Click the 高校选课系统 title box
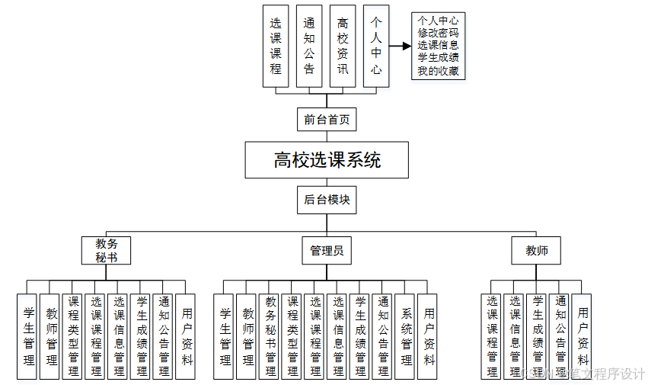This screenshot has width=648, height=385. click(x=327, y=160)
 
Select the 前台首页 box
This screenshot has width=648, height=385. click(x=327, y=119)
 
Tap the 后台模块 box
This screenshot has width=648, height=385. click(x=327, y=200)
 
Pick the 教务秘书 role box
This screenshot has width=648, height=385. click(x=106, y=250)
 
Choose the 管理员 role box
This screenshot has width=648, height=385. click(x=327, y=250)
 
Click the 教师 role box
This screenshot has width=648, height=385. click(x=536, y=250)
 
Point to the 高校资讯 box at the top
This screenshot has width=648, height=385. click(x=343, y=47)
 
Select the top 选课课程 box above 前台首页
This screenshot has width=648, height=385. click(x=276, y=47)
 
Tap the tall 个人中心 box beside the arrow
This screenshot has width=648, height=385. click(x=376, y=47)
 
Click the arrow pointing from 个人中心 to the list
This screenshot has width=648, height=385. click(x=401, y=47)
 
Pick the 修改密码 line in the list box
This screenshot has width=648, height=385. click(x=438, y=33)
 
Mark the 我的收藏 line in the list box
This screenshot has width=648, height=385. click(x=438, y=72)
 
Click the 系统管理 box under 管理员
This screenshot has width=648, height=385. click(x=406, y=336)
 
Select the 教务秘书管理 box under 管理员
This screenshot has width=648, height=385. click(x=270, y=336)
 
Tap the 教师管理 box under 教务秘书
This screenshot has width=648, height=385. click(x=51, y=336)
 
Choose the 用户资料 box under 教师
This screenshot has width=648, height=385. click(x=583, y=336)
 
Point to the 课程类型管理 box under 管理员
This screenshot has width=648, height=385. click(x=293, y=336)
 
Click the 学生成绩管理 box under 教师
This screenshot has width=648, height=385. click(x=538, y=336)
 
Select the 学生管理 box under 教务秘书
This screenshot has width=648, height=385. click(x=28, y=336)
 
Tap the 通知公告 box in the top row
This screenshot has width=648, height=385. click(x=309, y=47)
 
